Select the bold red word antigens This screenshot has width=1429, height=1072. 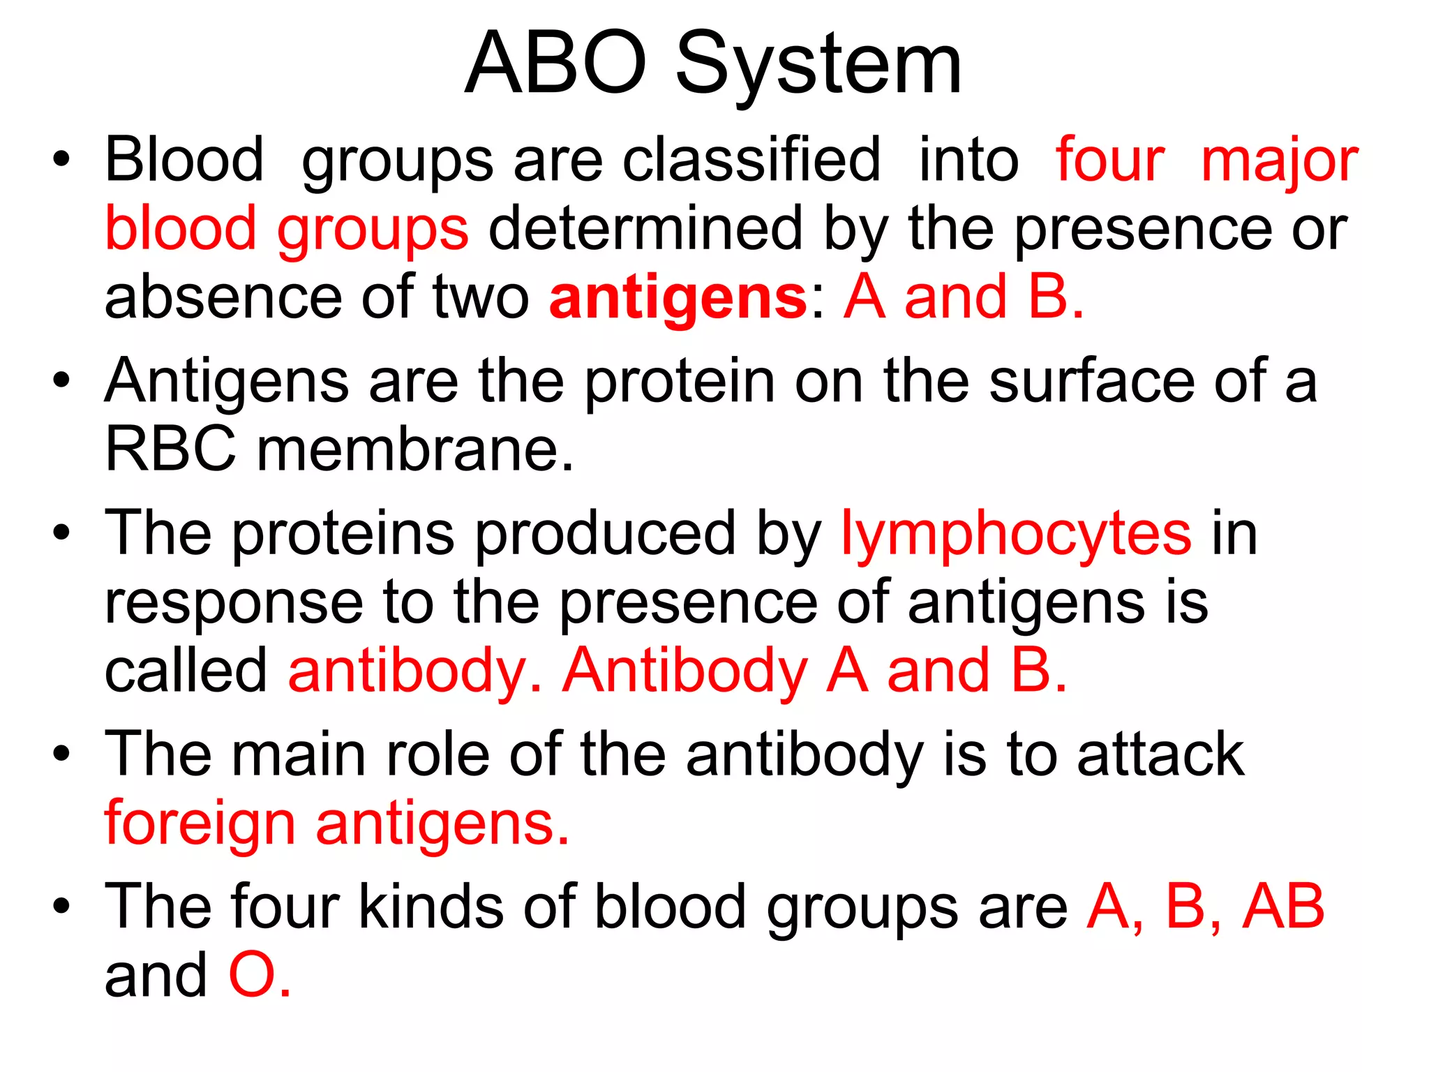pyautogui.click(x=678, y=299)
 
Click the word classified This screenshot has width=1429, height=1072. pyautogui.click(x=751, y=161)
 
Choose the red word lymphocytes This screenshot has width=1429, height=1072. pyautogui.click(x=1016, y=535)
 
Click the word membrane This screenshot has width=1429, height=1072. pyautogui.click(x=415, y=449)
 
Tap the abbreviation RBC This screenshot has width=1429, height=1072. pyautogui.click(x=170, y=449)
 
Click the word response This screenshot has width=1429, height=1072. pyautogui.click(x=234, y=603)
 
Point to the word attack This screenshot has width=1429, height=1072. pyautogui.click(x=1160, y=755)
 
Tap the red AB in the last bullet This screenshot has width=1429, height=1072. pyautogui.click(x=1282, y=907)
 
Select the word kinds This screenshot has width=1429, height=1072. pyautogui.click(x=431, y=907)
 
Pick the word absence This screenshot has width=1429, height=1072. pyautogui.click(x=223, y=299)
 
